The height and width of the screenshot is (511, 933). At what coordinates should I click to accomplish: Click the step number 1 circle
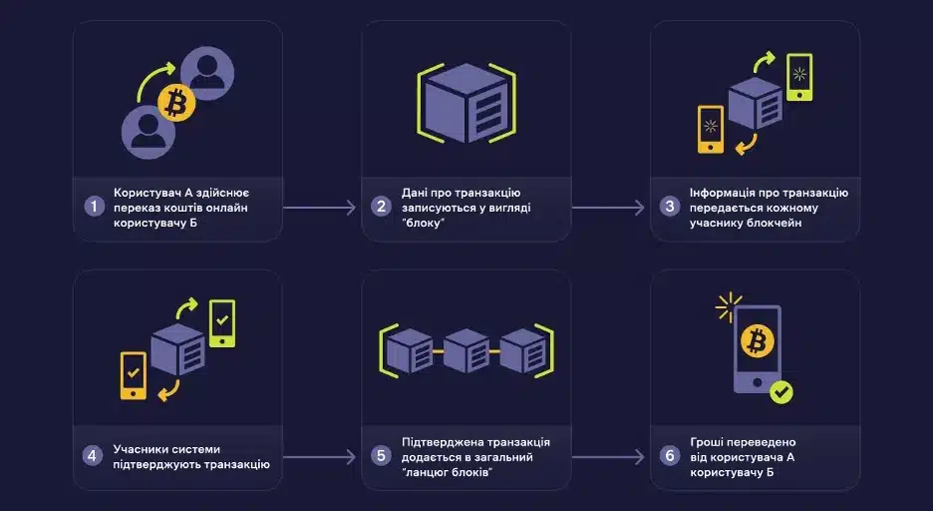[94, 207]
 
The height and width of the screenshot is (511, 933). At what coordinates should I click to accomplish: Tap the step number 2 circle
[380, 207]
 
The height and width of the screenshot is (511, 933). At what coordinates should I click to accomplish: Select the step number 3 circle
[669, 207]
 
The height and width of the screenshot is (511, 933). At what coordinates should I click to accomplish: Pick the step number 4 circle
[94, 456]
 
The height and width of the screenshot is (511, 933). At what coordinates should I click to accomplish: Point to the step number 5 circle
[380, 456]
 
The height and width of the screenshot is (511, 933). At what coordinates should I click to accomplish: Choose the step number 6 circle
[669, 456]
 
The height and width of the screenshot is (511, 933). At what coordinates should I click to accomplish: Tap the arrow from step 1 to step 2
[321, 208]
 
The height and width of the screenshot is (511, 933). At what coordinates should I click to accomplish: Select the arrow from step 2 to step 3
[609, 208]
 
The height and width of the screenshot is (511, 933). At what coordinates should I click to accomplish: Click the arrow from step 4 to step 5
[321, 457]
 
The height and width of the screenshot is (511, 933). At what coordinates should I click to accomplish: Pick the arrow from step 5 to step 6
[609, 457]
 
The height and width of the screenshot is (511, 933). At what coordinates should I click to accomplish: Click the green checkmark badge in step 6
[781, 393]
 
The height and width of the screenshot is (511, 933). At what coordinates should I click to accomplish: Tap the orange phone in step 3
[711, 130]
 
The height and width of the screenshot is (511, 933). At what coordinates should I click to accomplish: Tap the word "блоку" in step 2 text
[425, 225]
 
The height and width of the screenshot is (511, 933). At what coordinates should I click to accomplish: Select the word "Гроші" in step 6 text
[707, 442]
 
